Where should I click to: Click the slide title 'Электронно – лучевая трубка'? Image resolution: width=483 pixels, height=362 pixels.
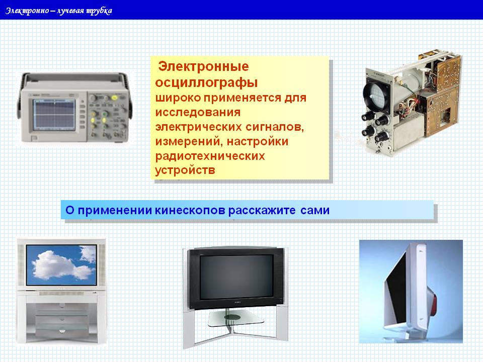58,11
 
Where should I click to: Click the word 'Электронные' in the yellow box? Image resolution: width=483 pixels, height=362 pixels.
203,66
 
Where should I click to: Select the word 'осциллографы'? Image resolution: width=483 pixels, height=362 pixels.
206,83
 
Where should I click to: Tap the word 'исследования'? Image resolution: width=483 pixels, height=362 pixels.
198,112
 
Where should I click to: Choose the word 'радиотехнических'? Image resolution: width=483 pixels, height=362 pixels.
210,156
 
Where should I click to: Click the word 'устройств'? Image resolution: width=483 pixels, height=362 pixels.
185,170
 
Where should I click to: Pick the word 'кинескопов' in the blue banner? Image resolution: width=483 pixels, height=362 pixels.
190,210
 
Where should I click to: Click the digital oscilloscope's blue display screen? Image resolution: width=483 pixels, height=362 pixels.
54,115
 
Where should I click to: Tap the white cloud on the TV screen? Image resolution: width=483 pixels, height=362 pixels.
61,265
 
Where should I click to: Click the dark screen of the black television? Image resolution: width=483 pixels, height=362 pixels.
236,277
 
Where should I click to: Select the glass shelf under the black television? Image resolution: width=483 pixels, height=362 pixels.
236,318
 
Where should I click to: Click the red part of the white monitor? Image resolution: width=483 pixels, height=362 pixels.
433,305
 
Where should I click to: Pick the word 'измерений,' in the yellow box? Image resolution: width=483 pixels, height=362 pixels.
189,142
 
